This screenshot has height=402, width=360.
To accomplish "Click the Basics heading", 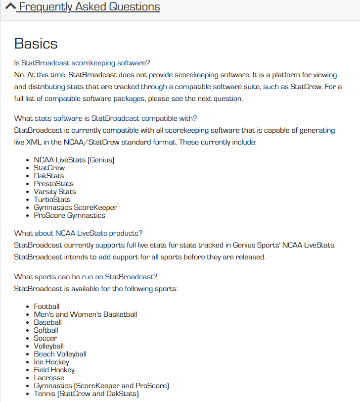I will [x=36, y=44].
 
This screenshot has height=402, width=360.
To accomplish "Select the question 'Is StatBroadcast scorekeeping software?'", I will [x=82, y=63].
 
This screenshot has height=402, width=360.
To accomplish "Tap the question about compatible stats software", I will [x=105, y=118].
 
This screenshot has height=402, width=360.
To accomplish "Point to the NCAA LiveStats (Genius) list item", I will [x=74, y=160].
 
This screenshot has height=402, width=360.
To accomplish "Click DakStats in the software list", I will [x=48, y=176].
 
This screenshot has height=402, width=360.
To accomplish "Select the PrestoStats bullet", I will [x=53, y=184].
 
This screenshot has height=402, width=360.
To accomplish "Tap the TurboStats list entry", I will [x=52, y=200].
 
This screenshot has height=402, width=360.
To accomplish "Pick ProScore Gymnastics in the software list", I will [x=69, y=215].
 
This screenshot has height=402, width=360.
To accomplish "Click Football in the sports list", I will [x=46, y=306].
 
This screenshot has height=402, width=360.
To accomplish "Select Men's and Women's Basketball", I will [x=85, y=314].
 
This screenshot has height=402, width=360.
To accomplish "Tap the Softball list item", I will [x=46, y=330].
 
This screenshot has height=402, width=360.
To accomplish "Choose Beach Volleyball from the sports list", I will [x=60, y=354].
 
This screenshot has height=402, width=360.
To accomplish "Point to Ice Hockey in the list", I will [x=51, y=362].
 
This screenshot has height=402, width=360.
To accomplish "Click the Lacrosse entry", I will [x=49, y=378].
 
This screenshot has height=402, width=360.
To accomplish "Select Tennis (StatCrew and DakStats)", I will [x=86, y=394].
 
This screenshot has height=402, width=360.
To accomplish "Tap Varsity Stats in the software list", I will [x=54, y=192].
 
